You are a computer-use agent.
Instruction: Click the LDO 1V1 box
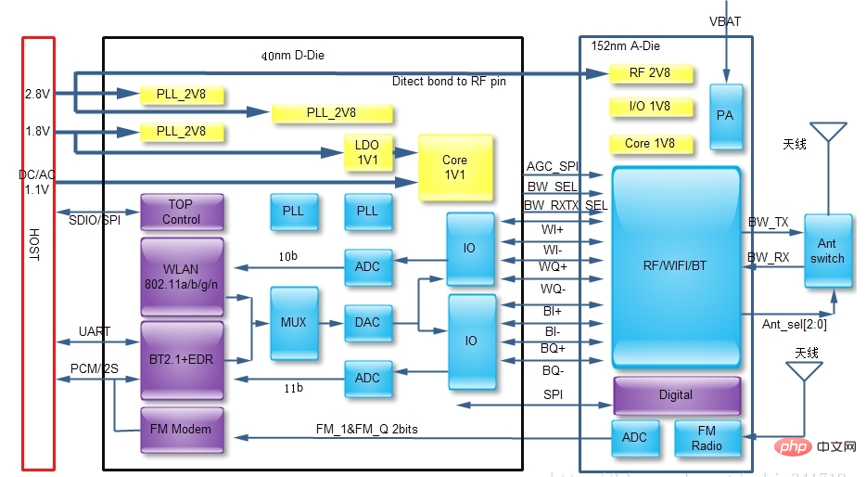point(367,153)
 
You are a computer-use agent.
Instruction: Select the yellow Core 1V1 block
point(454,167)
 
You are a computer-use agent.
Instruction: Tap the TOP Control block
point(182,213)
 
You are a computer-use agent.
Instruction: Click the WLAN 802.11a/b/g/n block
point(182,277)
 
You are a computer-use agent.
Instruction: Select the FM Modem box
point(182,430)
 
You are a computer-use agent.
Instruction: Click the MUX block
point(293,323)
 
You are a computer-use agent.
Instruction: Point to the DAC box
point(367,323)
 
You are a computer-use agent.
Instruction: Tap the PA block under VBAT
point(724,116)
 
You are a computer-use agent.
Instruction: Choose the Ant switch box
point(827,251)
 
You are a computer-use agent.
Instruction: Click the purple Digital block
point(676,395)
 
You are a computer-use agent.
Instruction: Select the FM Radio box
point(707,438)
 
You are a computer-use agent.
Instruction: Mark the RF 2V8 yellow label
point(649,73)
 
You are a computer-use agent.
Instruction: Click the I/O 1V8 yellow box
point(649,107)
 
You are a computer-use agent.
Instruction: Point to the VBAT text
point(726,20)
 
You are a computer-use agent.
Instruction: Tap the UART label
point(95,331)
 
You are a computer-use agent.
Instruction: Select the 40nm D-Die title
point(293,56)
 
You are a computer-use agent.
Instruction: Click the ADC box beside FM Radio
point(635,438)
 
